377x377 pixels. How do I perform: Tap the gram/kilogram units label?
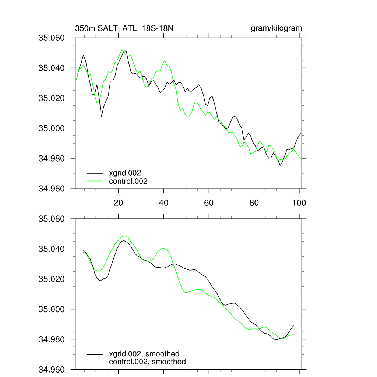(x=276, y=28)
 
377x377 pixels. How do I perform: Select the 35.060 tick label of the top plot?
(x=52, y=38)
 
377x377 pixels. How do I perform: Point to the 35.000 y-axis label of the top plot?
(x=52, y=128)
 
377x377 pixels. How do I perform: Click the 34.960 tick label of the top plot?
(x=52, y=188)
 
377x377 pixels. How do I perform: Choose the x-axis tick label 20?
(x=118, y=203)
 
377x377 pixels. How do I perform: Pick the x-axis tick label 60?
(x=209, y=203)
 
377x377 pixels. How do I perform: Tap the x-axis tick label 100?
(x=299, y=203)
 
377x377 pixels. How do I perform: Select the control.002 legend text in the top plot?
(x=128, y=181)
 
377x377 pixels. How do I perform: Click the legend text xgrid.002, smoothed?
(x=144, y=354)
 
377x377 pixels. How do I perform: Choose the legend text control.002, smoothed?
(x=147, y=362)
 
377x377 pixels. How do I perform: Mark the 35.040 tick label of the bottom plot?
(x=52, y=249)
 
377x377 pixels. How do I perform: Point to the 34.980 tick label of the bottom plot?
(x=52, y=339)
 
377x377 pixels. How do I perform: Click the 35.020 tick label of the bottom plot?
(x=52, y=279)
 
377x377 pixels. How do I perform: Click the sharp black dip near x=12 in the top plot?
(x=101, y=117)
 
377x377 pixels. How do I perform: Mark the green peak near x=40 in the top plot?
(x=165, y=60)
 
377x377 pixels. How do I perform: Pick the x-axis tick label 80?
(x=254, y=203)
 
